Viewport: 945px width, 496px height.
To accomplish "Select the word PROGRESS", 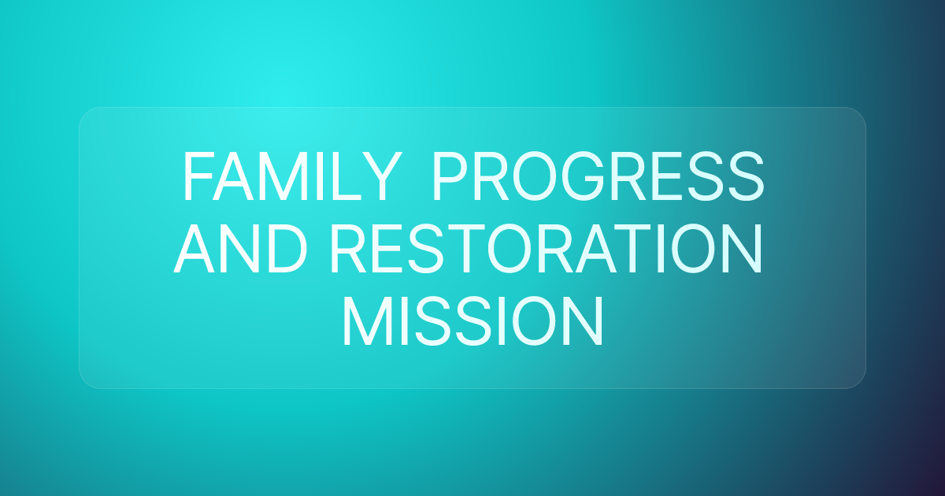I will [x=597, y=178].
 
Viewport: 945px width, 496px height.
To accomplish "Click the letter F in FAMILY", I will [x=195, y=178].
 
